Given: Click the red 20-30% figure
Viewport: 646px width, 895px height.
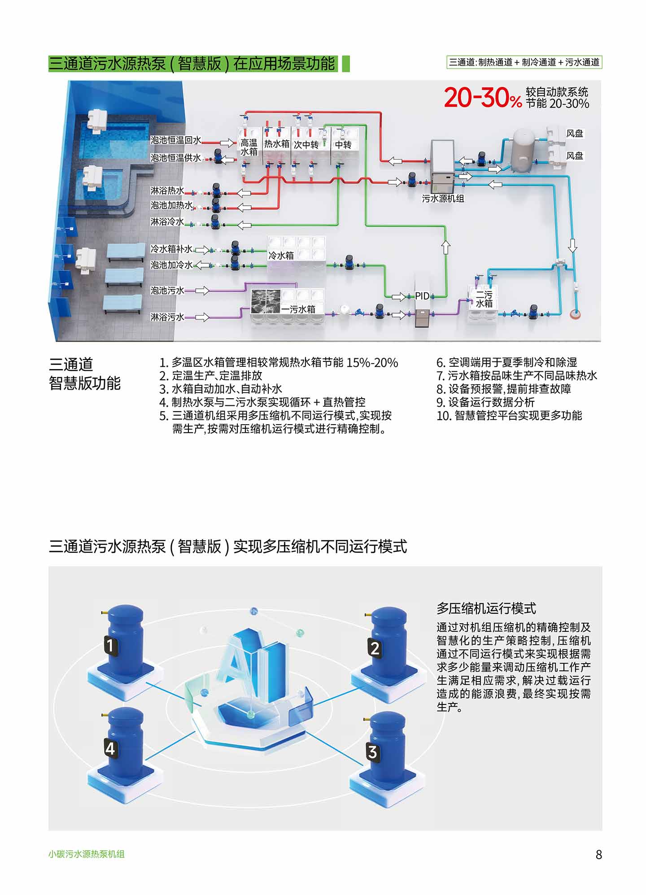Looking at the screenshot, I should [x=483, y=98].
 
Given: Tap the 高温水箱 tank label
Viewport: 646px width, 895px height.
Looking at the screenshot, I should [x=249, y=147].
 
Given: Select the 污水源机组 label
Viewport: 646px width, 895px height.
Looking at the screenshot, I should [x=443, y=199].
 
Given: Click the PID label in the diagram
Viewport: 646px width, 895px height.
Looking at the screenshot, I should [x=422, y=296].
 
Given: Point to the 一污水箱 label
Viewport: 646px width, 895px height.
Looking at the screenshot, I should [x=298, y=309].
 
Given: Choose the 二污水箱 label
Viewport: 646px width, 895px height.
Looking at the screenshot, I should [x=484, y=299].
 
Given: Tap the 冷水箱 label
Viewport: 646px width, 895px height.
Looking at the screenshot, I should [x=281, y=256].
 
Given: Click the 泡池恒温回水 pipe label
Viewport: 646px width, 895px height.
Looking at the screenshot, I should [x=175, y=140].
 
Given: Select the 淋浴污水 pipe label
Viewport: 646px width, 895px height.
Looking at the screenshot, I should [x=167, y=317].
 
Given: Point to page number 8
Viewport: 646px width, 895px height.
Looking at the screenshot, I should [x=598, y=854].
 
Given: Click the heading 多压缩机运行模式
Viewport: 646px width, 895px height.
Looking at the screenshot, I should [x=486, y=608].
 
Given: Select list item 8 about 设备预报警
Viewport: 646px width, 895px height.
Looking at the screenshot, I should [x=504, y=389].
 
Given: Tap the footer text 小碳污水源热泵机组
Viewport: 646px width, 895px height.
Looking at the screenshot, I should [x=87, y=854].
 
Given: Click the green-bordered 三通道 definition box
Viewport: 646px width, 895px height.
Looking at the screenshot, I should [x=524, y=62].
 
